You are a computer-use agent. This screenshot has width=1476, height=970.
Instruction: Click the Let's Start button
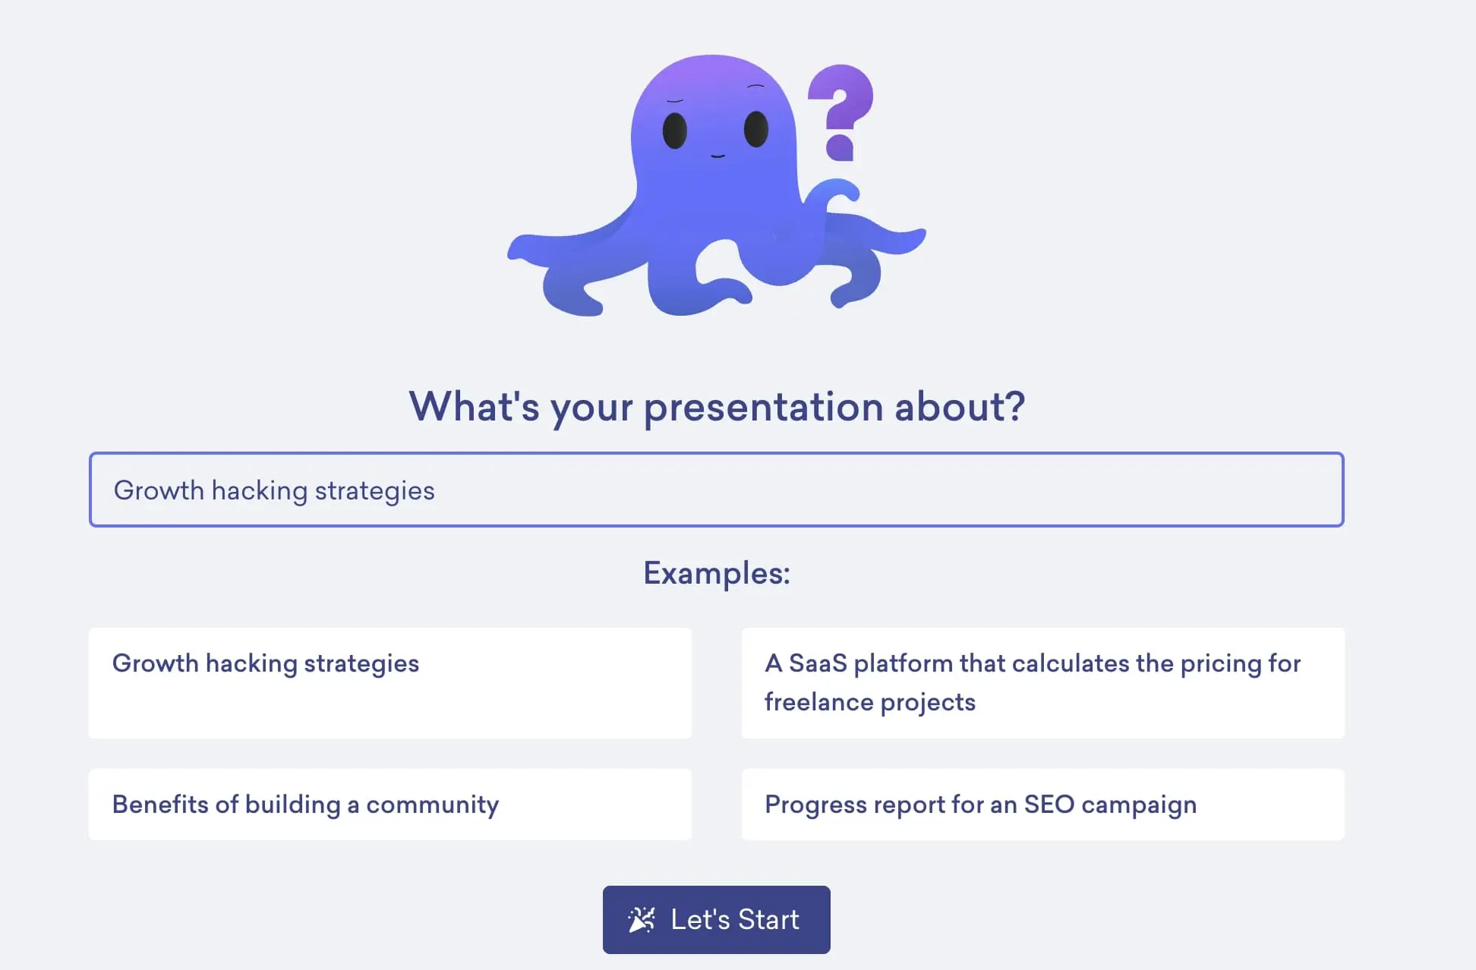[716, 919]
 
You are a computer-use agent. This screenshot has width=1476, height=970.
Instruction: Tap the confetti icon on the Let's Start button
[642, 920]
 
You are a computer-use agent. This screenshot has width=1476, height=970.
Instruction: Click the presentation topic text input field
[716, 490]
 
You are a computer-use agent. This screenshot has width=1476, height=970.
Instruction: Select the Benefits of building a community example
[389, 805]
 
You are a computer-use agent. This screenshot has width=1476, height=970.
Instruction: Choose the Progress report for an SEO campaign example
[1042, 805]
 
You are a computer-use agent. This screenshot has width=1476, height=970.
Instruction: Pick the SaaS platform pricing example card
[1042, 682]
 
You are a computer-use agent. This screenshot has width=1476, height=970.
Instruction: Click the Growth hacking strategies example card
[389, 682]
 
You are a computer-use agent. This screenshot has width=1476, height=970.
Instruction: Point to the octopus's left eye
[675, 131]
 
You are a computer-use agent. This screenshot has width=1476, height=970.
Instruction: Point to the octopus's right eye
[756, 128]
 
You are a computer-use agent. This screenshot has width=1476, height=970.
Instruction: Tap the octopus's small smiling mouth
[717, 156]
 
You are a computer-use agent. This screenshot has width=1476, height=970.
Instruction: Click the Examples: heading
[716, 573]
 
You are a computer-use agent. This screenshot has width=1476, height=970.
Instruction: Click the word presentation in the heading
[763, 408]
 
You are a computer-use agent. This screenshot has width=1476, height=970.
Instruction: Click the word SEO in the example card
[1049, 805]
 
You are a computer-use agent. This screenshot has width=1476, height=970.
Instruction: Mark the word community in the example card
[432, 805]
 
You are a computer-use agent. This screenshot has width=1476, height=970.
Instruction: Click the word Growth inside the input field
[159, 490]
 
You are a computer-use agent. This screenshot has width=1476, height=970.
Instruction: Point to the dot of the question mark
[840, 147]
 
